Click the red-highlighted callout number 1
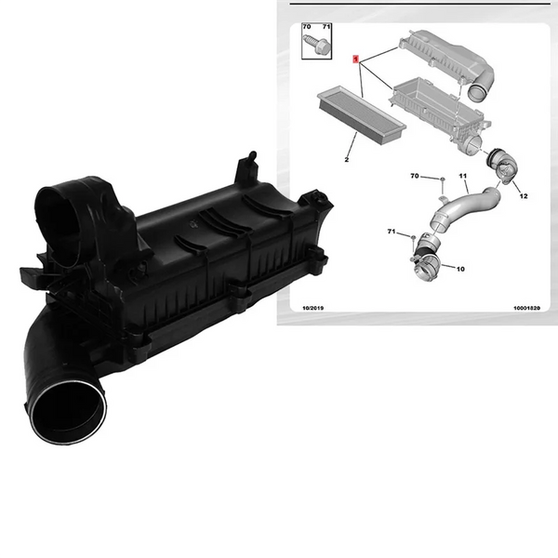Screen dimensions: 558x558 [x=355, y=59]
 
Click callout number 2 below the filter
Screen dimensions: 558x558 [x=347, y=159]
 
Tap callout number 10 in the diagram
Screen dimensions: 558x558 [x=460, y=269]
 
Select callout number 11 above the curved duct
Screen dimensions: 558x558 [x=462, y=176]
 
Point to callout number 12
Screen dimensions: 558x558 [x=524, y=195]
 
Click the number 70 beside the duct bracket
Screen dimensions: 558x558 [x=415, y=176]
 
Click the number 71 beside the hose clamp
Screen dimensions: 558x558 [x=392, y=232]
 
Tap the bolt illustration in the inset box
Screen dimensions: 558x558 [x=317, y=45]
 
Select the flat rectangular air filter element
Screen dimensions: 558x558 [x=361, y=114]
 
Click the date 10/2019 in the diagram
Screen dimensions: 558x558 [x=312, y=308]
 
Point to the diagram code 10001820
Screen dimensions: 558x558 [x=526, y=308]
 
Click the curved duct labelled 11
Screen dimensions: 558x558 [x=462, y=208]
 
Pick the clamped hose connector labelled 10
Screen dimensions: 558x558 [x=427, y=257]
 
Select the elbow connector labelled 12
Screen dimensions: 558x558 [x=502, y=165]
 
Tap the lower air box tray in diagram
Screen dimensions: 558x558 [x=440, y=113]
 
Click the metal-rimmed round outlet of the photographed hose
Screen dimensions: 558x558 [x=68, y=412]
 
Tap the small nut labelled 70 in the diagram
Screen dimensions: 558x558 [x=443, y=179]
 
